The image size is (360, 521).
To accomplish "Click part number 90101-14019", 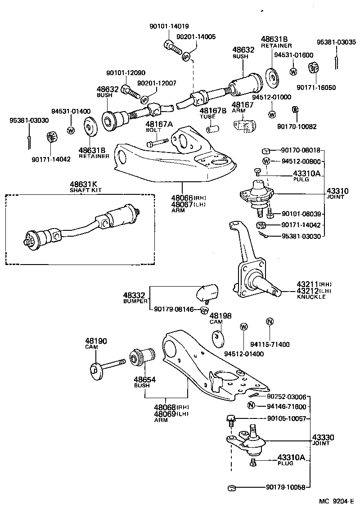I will pyautogui.click(x=169, y=27).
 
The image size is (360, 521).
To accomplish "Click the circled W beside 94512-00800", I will pyautogui.click(x=266, y=161).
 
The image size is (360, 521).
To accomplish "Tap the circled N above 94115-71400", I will pyautogui.click(x=270, y=322).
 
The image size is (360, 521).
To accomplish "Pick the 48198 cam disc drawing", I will pyautogui.click(x=218, y=338).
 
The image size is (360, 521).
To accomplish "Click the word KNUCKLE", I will pyautogui.click(x=311, y=297).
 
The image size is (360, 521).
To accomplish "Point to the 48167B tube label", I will pyautogui.click(x=211, y=113).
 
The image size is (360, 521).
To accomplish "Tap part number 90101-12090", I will pyautogui.click(x=126, y=73).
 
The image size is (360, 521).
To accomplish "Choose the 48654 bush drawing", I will pyautogui.click(x=141, y=358).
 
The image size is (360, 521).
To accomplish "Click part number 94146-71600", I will pyautogui.click(x=286, y=407).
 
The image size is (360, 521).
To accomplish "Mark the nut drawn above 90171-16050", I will pyautogui.click(x=313, y=68).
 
